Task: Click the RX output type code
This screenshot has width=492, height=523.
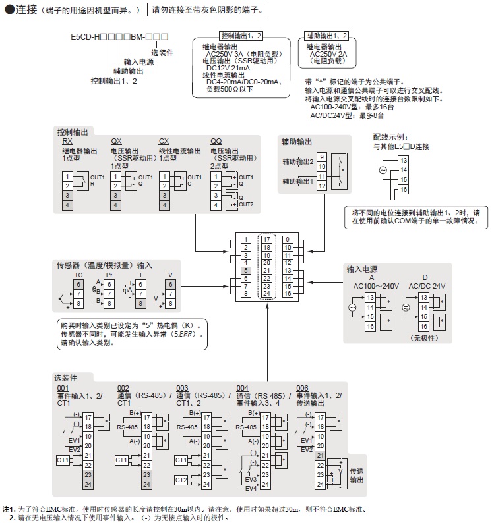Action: point(67,142)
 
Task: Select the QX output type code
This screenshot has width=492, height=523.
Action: point(116,142)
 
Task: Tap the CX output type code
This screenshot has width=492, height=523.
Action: point(164,142)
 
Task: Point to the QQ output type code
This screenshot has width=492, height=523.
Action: point(216,142)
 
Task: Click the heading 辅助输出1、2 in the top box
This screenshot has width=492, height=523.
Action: point(326,35)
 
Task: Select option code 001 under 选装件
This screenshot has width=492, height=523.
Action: point(63,387)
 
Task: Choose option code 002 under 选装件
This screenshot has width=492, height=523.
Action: point(123,387)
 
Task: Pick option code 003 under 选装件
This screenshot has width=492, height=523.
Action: point(182,387)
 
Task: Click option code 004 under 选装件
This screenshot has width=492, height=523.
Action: point(242,387)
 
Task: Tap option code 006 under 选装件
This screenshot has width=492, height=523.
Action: point(302,387)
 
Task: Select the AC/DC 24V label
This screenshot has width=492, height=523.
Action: point(427,286)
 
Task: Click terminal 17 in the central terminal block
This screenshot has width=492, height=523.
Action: point(266,239)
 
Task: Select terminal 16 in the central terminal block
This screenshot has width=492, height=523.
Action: point(288,293)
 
